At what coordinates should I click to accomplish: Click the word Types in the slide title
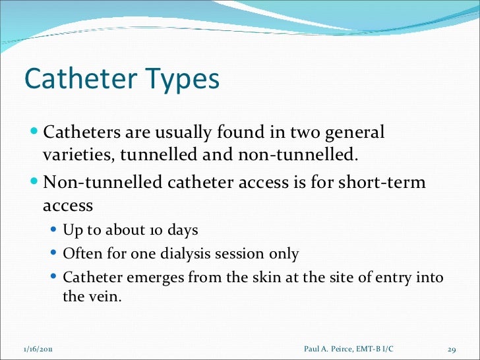click(181, 80)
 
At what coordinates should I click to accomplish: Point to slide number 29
click(452, 347)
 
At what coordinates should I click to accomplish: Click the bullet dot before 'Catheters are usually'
click(35, 132)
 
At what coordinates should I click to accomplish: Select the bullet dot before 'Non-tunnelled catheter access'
click(35, 181)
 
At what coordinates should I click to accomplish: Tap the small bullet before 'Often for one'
click(55, 254)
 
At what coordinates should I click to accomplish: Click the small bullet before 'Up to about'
click(55, 231)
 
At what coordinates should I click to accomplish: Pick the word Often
click(79, 254)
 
